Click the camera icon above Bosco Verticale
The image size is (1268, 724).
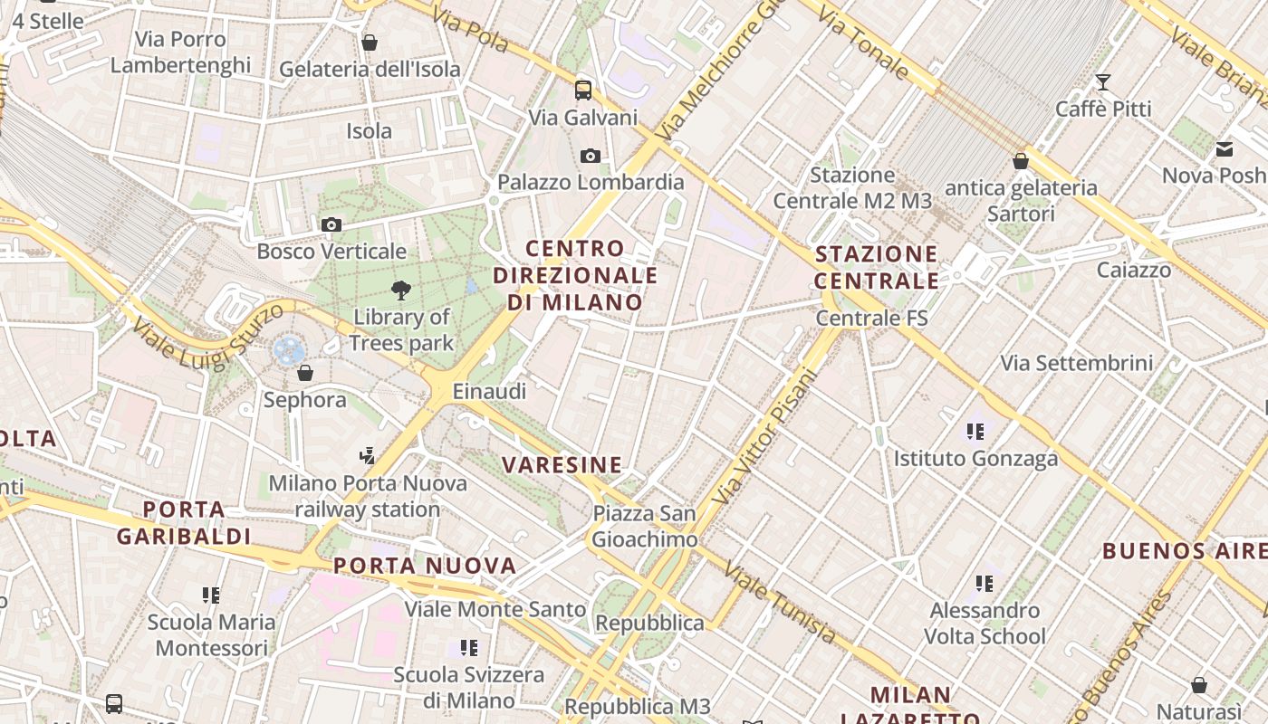(331, 224)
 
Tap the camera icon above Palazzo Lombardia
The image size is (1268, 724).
(591, 156)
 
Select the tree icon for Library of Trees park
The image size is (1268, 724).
(400, 291)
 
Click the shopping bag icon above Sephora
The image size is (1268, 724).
(305, 373)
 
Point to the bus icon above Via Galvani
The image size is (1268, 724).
(583, 90)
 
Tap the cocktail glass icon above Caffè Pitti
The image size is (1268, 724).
(1102, 82)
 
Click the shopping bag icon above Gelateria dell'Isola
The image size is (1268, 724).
(370, 43)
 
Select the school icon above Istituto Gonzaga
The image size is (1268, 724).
(975, 432)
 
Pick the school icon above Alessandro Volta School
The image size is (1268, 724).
(985, 584)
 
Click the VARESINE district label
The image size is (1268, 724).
(562, 465)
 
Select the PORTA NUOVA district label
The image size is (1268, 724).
(425, 566)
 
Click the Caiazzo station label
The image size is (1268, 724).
(1133, 270)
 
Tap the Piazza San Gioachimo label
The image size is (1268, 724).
(645, 527)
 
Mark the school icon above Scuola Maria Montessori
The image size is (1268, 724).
(211, 595)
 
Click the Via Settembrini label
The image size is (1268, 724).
(1077, 363)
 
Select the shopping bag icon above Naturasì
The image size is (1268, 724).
(1199, 685)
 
